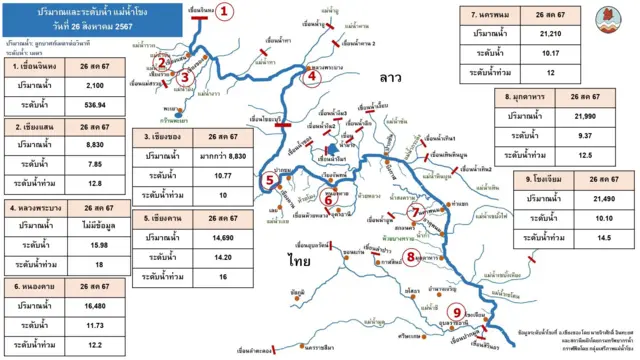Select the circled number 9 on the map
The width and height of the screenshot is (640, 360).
[x=458, y=312]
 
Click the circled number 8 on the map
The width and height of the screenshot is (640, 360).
[x=411, y=257]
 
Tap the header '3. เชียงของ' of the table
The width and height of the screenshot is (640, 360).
[x=164, y=135]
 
